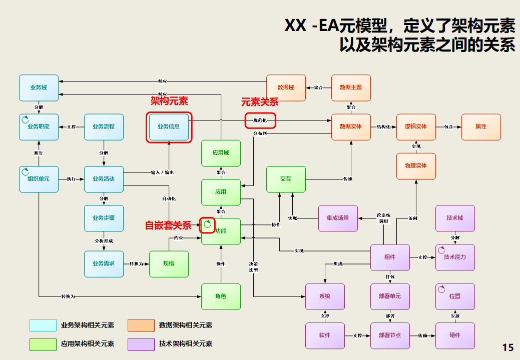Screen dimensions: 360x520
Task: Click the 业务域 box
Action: point(39,87)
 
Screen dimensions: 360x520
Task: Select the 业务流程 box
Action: point(104,127)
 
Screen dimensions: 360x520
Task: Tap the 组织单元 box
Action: point(39,179)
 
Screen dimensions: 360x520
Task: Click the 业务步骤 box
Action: point(104,218)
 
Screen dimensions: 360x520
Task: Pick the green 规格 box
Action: point(169,263)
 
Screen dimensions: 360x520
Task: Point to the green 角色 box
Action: point(221,296)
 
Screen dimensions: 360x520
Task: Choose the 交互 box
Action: point(286,179)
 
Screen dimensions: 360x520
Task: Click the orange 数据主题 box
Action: point(351,87)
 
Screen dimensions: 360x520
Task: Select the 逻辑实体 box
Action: point(416,127)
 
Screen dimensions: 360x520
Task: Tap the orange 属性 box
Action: point(481,127)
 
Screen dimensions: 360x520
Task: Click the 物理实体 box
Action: point(416,166)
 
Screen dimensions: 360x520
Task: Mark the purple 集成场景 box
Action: point(338,218)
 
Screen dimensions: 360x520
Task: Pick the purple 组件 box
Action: point(390,257)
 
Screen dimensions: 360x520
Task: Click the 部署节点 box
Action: point(390,335)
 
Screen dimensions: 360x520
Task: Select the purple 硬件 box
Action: point(455,335)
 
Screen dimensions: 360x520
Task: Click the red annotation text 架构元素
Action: point(169,101)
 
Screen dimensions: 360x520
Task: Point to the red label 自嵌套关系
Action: point(168,225)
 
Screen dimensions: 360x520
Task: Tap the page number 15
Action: point(507,347)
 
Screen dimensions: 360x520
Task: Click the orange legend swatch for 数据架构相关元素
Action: point(141,325)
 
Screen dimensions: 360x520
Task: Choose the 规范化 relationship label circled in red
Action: point(260,120)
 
